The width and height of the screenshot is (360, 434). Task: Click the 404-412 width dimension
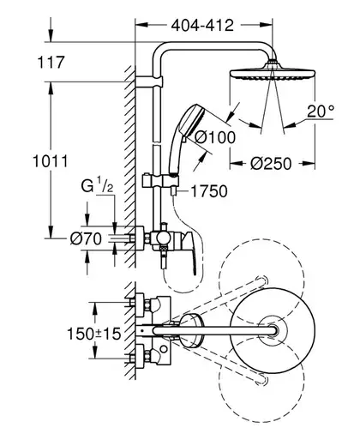coord(202,26)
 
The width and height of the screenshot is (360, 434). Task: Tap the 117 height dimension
coord(51,63)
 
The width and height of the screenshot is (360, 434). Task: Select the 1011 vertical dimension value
coord(51,161)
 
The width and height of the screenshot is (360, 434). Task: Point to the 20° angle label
coord(321,112)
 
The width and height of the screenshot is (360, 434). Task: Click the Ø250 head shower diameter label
coord(271,164)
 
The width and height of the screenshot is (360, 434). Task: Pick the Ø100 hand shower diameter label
coord(215,137)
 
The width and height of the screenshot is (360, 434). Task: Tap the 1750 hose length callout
coord(209,191)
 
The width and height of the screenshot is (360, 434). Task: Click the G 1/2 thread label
coord(97,185)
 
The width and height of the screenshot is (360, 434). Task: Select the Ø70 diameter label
coord(86,238)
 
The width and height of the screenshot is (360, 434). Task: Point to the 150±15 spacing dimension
coord(93,334)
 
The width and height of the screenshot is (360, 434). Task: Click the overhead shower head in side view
coord(273,73)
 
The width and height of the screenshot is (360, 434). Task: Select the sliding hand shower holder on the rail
coord(160,181)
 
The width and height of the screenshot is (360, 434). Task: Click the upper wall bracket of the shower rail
coord(149,81)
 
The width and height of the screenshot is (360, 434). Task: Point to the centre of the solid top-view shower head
coord(273,330)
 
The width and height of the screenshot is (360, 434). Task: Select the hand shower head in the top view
coord(192,330)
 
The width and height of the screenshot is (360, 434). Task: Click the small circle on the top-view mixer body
coord(164,349)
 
